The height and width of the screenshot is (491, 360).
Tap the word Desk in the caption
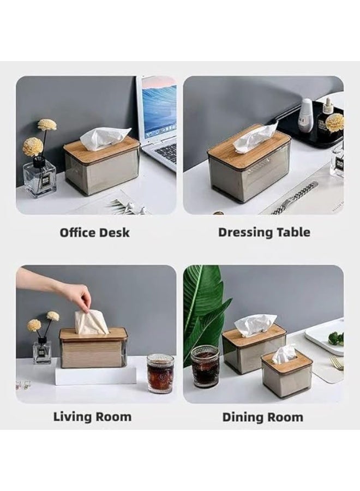tap(113, 232)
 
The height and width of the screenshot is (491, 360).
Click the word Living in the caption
tap(71, 417)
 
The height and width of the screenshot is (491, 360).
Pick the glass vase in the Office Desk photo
tap(39, 177)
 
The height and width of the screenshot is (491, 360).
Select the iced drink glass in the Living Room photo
tap(160, 374)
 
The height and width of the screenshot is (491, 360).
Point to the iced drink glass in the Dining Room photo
tap(205, 366)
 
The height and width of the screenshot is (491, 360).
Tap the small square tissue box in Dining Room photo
tap(286, 374)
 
